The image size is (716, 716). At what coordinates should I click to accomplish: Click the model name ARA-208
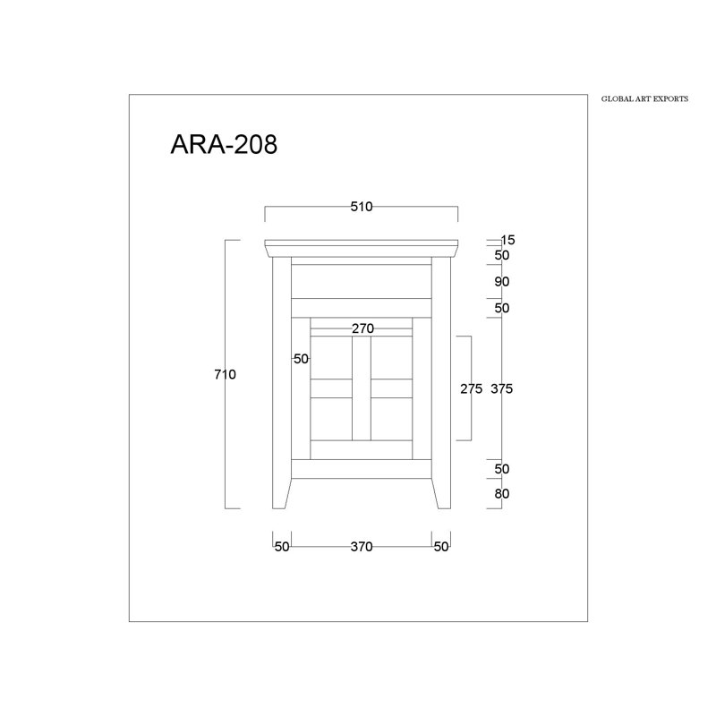tap(224, 144)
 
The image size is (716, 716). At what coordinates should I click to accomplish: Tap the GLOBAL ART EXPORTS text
tap(644, 98)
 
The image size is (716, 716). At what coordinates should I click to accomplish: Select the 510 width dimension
tap(362, 207)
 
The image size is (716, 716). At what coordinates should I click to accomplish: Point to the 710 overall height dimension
tap(226, 374)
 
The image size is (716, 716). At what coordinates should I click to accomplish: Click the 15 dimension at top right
tap(507, 240)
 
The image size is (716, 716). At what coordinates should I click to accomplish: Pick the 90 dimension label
tap(502, 282)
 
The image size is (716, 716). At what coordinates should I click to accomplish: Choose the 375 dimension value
tap(502, 388)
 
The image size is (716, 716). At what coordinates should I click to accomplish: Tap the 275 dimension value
tap(472, 388)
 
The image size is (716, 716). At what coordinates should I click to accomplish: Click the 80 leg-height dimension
tap(502, 494)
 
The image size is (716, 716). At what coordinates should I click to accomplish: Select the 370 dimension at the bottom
tap(362, 547)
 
